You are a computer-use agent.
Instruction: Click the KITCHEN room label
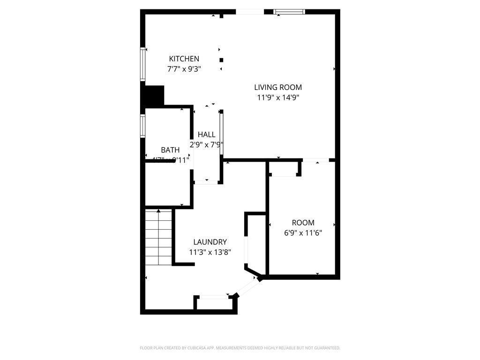coord(184,59)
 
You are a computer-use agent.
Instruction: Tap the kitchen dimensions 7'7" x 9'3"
coord(184,69)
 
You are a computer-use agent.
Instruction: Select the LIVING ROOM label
coord(278,87)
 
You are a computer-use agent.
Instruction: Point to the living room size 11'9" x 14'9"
coord(278,97)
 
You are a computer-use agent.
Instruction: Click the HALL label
coord(207,135)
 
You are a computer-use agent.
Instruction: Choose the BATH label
coord(170,150)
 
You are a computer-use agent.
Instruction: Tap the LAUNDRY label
coord(210,242)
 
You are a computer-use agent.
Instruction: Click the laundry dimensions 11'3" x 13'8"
coord(210,252)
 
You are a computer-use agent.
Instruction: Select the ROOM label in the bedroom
coord(303,223)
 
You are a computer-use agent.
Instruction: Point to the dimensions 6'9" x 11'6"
coord(303,232)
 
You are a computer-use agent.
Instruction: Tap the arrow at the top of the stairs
coord(158,211)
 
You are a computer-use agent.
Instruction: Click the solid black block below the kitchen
coord(153,96)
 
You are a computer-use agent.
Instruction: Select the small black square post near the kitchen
coord(221,60)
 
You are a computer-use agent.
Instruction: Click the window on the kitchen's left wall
coord(143,64)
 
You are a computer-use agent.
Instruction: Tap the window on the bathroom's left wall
coord(142,126)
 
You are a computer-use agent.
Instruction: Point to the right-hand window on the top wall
coord(289,12)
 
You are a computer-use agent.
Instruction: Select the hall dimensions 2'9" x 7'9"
coord(206,145)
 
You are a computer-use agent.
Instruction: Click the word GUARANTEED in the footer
coord(324,348)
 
